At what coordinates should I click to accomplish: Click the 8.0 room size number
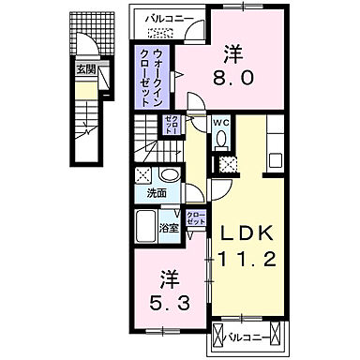(x=233, y=80)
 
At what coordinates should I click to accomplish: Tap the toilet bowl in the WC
(x=220, y=140)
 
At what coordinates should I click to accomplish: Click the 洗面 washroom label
(x=157, y=194)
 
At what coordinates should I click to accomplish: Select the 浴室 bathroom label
(x=170, y=228)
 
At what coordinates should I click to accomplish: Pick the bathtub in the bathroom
(x=147, y=226)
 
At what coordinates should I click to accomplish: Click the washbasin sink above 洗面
(x=169, y=175)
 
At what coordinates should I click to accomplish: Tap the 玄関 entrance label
(x=85, y=68)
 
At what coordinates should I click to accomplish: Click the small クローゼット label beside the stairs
(x=173, y=124)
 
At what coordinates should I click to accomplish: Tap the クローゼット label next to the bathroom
(x=195, y=219)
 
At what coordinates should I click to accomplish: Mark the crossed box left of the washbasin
(x=142, y=173)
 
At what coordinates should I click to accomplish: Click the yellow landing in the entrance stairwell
(x=85, y=92)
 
